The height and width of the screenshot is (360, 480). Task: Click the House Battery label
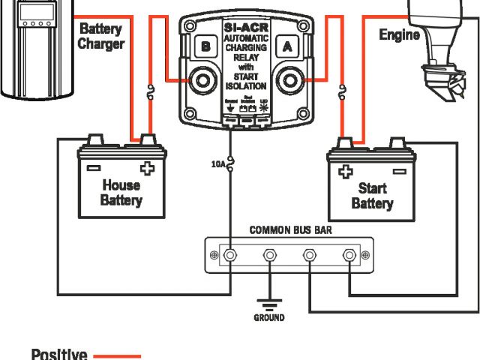pyautogui.click(x=121, y=193)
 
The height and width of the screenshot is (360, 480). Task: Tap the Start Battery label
pyautogui.click(x=372, y=196)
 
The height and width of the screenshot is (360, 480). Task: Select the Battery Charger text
pyautogui.click(x=101, y=36)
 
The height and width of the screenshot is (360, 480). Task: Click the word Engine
pyautogui.click(x=400, y=34)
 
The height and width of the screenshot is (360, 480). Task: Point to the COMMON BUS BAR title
pyautogui.click(x=290, y=230)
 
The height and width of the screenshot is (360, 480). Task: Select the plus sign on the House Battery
pyautogui.click(x=147, y=167)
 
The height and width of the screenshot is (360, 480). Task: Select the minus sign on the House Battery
pyautogui.click(x=94, y=167)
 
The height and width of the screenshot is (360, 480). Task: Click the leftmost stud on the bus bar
pyautogui.click(x=231, y=256)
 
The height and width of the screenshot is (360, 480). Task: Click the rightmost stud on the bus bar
pyautogui.click(x=349, y=256)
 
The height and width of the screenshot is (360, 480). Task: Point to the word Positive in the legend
pyautogui.click(x=59, y=354)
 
